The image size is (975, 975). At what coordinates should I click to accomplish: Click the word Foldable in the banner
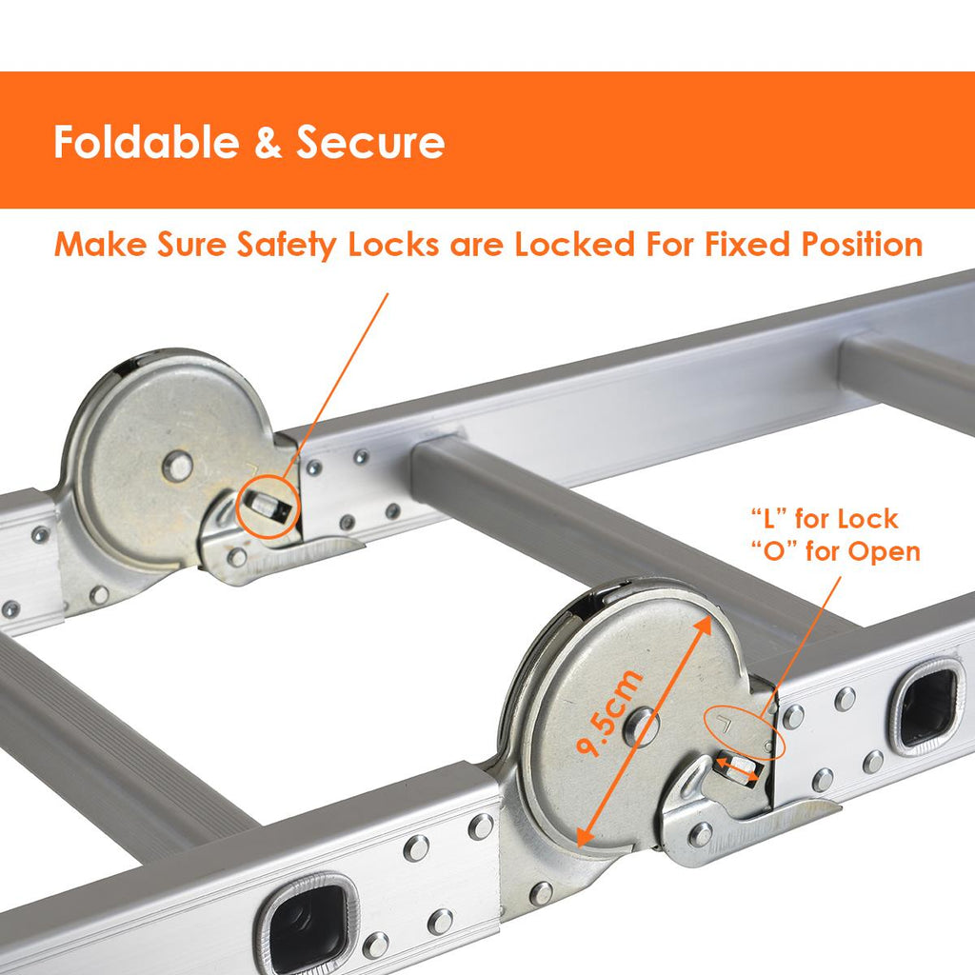click(x=147, y=142)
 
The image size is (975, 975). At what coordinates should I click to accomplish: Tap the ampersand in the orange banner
click(x=268, y=143)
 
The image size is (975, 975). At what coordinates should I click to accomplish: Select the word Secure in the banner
click(x=370, y=143)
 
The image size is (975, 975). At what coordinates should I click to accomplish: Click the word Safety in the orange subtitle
click(x=286, y=245)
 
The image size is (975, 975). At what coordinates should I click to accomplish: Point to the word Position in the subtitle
click(x=862, y=245)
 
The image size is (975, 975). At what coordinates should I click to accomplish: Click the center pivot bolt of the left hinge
click(x=178, y=466)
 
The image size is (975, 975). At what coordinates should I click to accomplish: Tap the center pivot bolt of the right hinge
click(x=641, y=726)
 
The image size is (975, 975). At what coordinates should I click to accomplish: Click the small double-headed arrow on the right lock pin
click(x=737, y=768)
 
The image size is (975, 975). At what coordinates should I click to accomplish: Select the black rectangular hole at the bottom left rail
click(x=309, y=924)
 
